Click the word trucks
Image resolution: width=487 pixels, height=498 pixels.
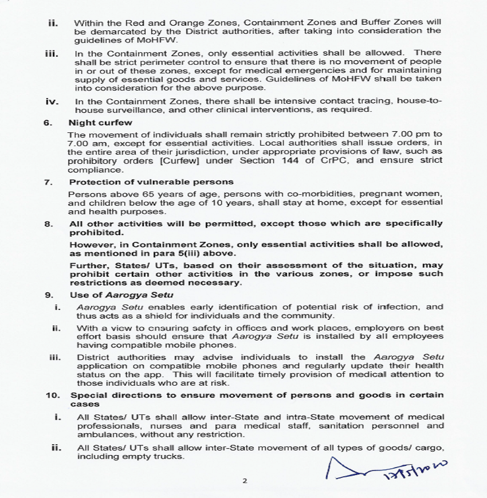coord(169,456)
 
